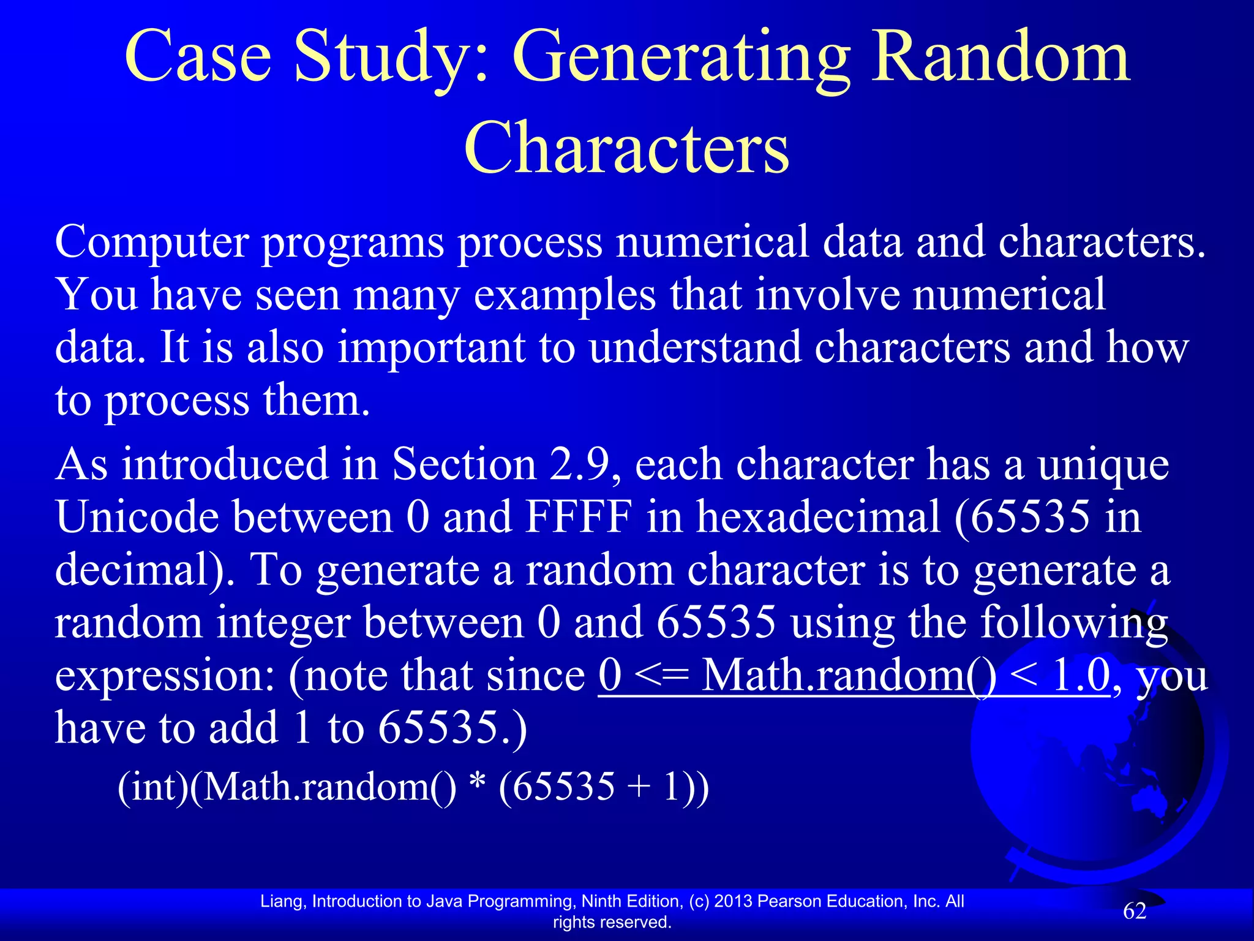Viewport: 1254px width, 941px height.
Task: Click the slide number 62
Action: [1134, 912]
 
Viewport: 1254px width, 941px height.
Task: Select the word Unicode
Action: [137, 516]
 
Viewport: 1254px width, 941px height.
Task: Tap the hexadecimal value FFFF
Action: [578, 516]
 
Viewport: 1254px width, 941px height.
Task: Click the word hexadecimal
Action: [818, 516]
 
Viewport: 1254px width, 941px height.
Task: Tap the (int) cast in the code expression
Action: [153, 787]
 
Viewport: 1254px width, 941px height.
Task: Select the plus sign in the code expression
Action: [639, 788]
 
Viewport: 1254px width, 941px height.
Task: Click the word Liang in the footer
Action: [282, 901]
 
